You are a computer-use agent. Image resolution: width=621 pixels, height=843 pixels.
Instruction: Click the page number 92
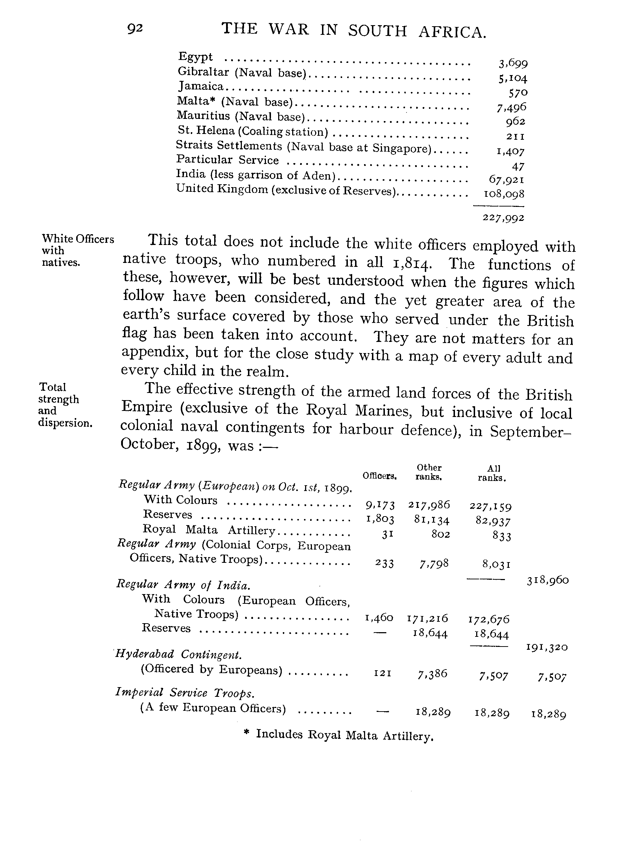(135, 28)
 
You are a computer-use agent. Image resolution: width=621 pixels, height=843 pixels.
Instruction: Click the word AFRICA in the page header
(452, 32)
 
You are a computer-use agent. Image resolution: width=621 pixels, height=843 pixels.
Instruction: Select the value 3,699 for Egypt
(513, 63)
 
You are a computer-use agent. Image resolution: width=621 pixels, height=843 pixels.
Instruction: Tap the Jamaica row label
(201, 87)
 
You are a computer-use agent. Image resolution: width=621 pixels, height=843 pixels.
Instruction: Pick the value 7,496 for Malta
(511, 107)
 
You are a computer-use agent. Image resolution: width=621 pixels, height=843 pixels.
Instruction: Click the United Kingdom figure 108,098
(504, 194)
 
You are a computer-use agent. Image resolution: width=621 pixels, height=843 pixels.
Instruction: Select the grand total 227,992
(503, 218)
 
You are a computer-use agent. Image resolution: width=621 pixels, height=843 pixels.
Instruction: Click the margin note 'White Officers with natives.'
(77, 250)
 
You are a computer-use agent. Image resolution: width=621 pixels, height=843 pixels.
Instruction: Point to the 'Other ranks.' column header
(428, 472)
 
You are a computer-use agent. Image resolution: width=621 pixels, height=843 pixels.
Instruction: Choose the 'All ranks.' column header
(492, 473)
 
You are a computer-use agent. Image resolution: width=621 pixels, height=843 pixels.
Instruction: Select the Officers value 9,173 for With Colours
(380, 505)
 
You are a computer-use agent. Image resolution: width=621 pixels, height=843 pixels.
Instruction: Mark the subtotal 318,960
(548, 580)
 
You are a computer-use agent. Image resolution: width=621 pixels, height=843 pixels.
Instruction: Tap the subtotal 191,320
(547, 647)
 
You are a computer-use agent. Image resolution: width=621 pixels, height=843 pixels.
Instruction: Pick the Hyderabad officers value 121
(383, 673)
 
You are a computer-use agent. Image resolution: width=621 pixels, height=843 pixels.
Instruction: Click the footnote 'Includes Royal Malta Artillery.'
(344, 735)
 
